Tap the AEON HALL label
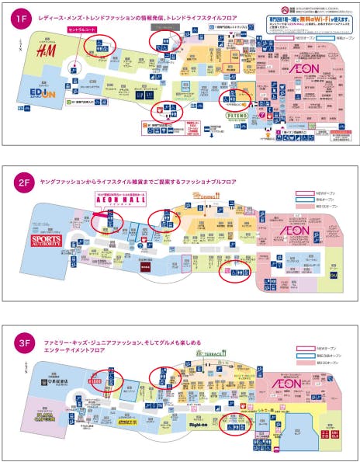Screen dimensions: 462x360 click(x=114, y=200)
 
